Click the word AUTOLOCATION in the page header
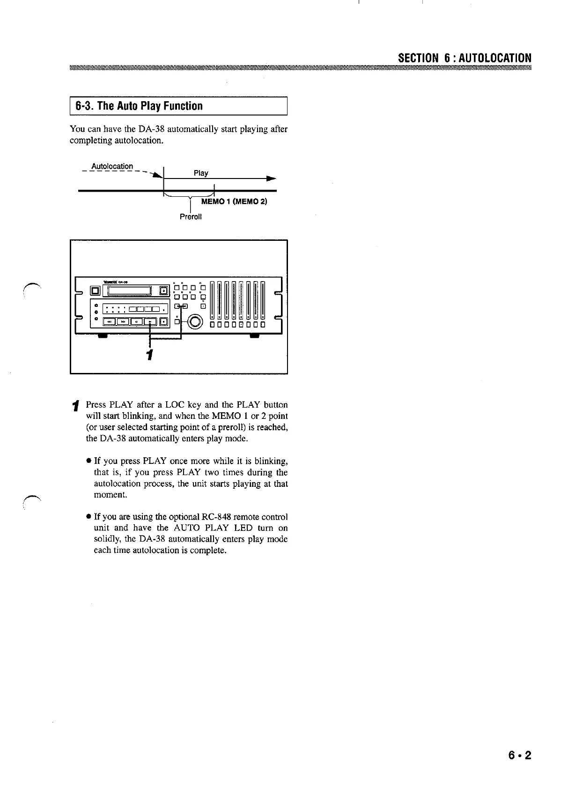[x=495, y=58]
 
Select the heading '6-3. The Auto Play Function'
[x=136, y=106]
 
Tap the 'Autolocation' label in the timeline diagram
[x=112, y=166]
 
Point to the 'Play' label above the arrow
[x=201, y=173]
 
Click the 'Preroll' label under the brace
[x=191, y=217]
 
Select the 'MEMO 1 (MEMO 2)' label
[x=234, y=202]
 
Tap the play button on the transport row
[x=149, y=322]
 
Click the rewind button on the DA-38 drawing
[x=109, y=322]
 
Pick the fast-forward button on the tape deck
[x=123, y=322]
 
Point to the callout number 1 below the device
[x=149, y=355]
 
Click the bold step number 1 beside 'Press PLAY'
[x=75, y=405]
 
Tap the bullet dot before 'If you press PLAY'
[x=88, y=461]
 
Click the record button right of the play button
[x=163, y=322]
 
